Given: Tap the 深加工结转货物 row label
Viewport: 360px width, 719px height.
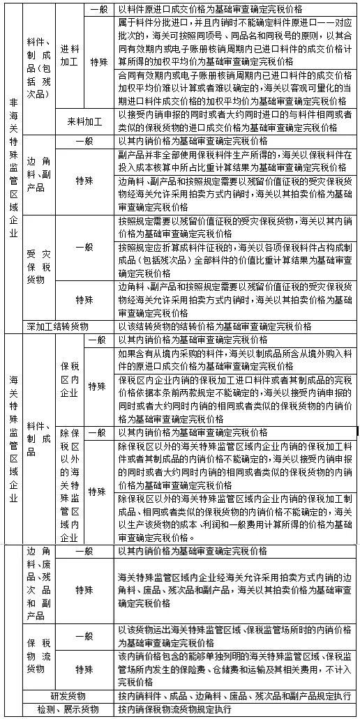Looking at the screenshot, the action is (57, 326).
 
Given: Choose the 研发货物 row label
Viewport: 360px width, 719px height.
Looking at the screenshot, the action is (68, 696).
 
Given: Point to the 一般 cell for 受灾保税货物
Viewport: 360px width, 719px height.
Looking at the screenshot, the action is (84, 247).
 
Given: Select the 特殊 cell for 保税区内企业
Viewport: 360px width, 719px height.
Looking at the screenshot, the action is (98, 386).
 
